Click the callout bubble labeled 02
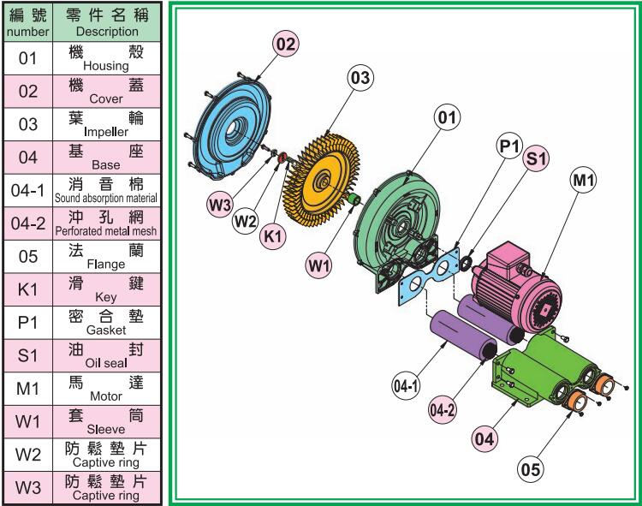point(286,44)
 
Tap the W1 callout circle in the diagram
point(319,265)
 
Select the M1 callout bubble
point(583,179)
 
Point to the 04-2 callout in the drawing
point(443,409)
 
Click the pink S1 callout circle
point(537,158)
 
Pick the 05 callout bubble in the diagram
point(530,469)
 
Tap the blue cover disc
point(232,128)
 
